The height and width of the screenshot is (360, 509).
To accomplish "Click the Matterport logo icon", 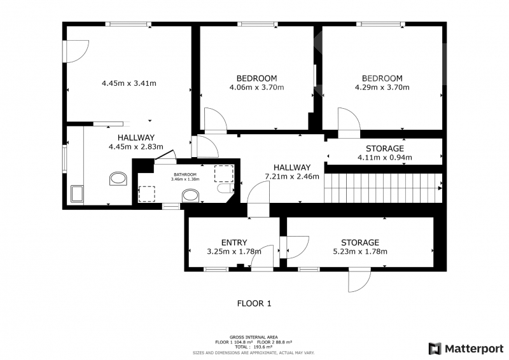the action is click(435, 349).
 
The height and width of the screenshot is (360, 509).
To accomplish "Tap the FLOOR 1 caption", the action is click(254, 303).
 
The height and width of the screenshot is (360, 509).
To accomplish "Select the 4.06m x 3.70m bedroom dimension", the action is click(257, 87).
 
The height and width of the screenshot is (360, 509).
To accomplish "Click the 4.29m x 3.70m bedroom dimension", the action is click(382, 87).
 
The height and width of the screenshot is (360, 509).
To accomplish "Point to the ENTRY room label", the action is click(234, 242).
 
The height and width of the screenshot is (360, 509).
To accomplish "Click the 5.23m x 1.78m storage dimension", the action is click(360, 251).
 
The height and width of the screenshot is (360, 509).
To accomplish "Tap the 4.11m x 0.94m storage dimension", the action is click(385, 158).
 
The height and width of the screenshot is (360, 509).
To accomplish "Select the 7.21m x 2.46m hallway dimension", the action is click(292, 176).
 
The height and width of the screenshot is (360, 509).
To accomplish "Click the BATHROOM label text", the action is click(185, 175).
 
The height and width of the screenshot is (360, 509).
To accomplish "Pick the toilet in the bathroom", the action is click(225, 188).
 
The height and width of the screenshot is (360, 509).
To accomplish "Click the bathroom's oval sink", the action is click(190, 196).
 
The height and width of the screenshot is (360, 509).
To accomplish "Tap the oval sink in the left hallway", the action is click(118, 179).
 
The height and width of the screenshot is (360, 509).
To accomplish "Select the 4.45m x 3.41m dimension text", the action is click(129, 83).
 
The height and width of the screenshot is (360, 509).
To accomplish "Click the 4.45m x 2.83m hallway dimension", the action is click(136, 147).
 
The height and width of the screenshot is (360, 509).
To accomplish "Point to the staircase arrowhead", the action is click(440, 188).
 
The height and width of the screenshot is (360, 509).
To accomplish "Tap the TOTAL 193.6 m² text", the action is click(253, 347).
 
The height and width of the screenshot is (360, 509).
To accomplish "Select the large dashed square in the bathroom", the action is click(224, 174).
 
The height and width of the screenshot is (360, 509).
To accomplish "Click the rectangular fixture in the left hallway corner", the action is click(77, 194).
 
